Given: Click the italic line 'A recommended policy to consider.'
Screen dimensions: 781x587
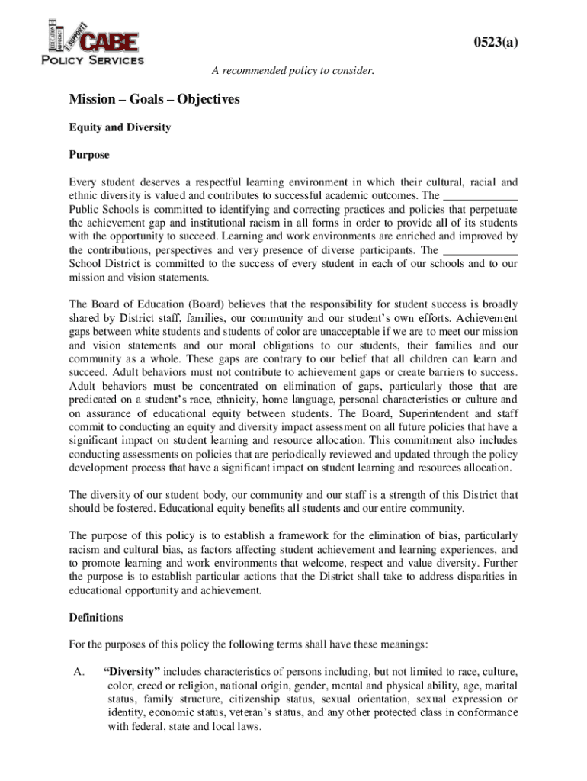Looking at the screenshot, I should click(293, 71).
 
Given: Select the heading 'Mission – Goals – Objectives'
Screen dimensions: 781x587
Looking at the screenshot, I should click(154, 100).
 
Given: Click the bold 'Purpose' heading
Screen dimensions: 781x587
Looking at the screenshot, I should click(89, 155).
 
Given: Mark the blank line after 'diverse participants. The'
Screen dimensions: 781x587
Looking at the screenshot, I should click(480, 250).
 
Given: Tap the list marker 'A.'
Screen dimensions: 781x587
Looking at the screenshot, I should click(75, 672).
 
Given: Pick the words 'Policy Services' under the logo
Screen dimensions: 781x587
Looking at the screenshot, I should click(91, 59).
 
